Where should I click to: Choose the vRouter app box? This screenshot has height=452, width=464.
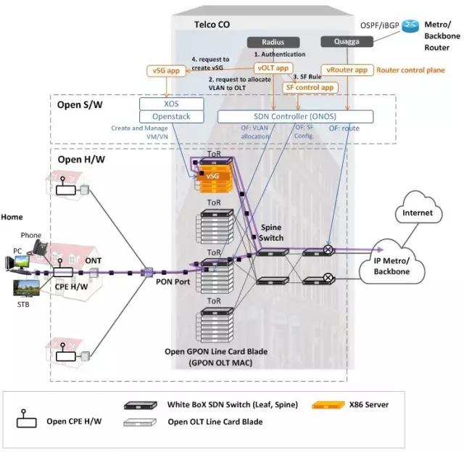(348, 70)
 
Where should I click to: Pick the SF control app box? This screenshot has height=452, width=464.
(310, 87)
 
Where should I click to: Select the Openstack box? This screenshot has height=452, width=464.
(171, 116)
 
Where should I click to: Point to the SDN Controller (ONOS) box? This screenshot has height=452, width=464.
(295, 116)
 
